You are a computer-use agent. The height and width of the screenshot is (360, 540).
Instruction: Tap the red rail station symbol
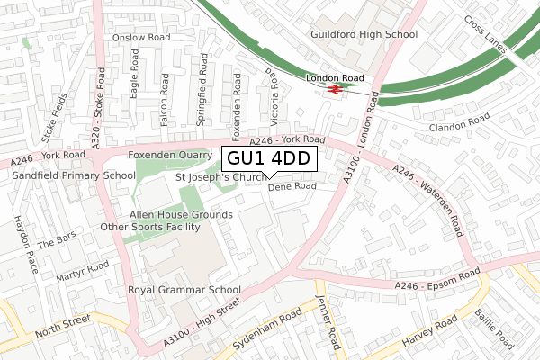(335, 90)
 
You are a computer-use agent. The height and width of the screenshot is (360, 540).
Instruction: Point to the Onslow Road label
(141, 38)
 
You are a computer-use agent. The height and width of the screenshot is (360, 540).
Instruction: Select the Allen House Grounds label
(181, 215)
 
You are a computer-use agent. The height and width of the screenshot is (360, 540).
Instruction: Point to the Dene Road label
(292, 186)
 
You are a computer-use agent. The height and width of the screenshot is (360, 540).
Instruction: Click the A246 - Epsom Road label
(436, 281)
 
